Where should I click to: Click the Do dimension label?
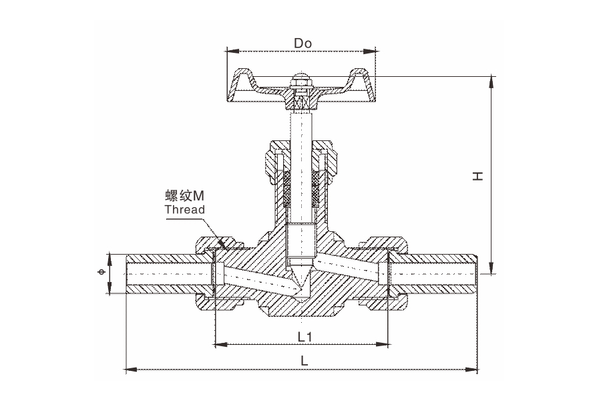pyautogui.click(x=303, y=44)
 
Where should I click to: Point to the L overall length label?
pyautogui.click(x=304, y=360)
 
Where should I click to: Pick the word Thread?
pyautogui.click(x=184, y=209)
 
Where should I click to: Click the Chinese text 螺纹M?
pyautogui.click(x=184, y=196)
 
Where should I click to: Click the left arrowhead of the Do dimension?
pyautogui.click(x=230, y=51)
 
